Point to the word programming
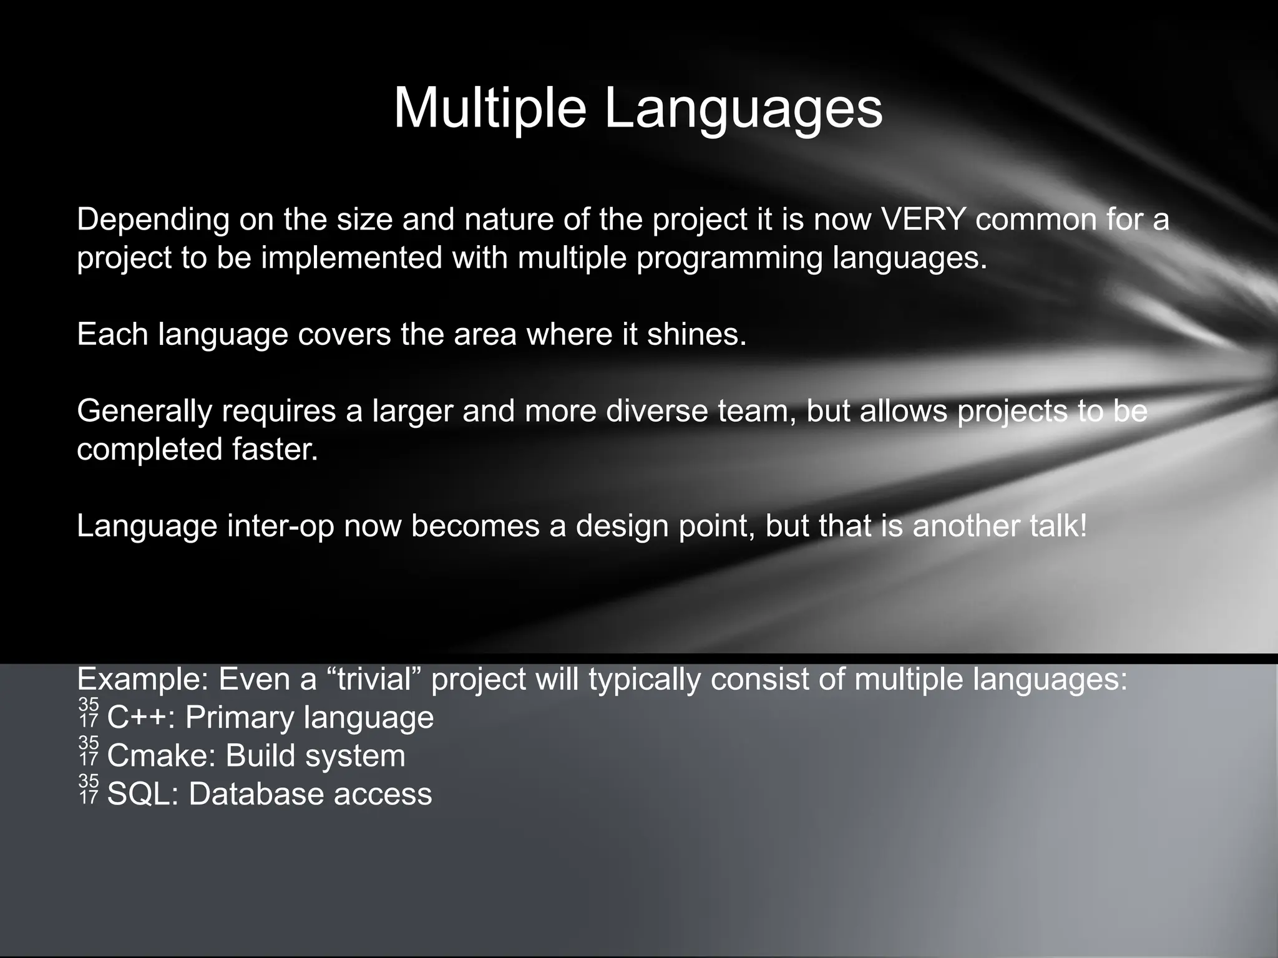[729, 258]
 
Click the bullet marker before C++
[89, 713]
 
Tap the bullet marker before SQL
[89, 789]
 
